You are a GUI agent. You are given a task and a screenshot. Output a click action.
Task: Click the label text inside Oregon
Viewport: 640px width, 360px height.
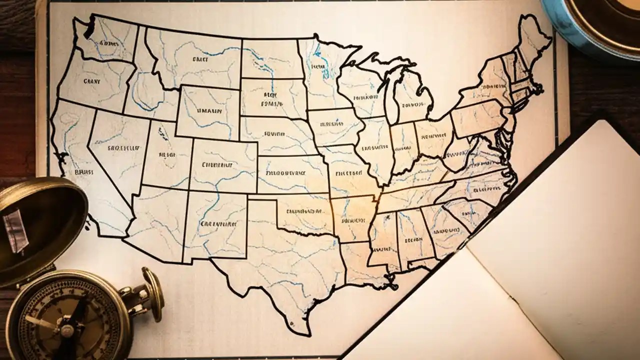coord(91,80)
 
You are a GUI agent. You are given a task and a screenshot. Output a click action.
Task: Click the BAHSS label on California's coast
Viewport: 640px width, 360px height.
coord(84,171)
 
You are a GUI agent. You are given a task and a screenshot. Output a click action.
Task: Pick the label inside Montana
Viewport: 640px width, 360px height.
coord(200,59)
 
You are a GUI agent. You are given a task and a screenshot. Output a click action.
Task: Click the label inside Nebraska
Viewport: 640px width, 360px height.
coord(274,134)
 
